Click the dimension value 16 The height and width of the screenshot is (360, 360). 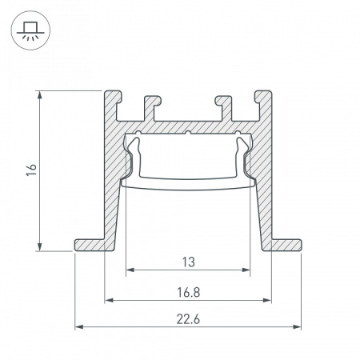31,170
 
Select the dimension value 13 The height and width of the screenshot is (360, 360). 187,262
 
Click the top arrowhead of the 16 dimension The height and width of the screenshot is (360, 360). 39,94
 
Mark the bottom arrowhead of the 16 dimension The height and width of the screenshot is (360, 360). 39,246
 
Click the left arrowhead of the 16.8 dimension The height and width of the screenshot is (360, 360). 108,301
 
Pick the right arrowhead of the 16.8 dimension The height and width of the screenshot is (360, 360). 266,301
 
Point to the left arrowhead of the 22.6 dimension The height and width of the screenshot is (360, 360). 78,327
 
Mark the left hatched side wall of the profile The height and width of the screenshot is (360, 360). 111,184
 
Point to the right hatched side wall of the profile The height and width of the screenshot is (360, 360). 263,184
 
